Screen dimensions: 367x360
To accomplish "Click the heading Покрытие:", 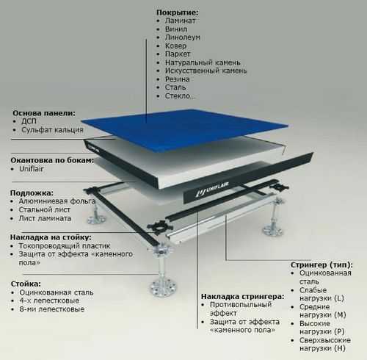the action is pyautogui.click(x=178, y=12).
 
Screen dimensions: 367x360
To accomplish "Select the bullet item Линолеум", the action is pyautogui.click(x=183, y=37).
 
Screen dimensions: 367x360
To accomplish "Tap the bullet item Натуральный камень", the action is pyautogui.click(x=203, y=62).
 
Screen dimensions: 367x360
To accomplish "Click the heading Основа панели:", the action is pyautogui.click(x=44, y=113).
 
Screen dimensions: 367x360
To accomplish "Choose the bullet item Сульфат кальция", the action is pyautogui.click(x=52, y=130).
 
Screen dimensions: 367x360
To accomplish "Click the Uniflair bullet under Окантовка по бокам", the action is pyautogui.click(x=32, y=169).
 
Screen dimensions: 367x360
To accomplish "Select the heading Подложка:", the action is pyautogui.click(x=32, y=193).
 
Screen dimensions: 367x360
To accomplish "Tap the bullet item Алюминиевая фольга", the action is pyautogui.click(x=57, y=201).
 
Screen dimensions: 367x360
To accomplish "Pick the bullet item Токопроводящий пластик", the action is pyautogui.click(x=65, y=245).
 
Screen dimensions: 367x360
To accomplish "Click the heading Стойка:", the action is pyautogui.click(x=26, y=284).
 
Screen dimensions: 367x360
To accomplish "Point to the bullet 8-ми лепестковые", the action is pyautogui.click(x=52, y=309).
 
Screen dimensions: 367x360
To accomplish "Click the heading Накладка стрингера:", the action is pyautogui.click(x=243, y=297).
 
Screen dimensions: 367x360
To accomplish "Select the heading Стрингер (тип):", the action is pyautogui.click(x=321, y=265).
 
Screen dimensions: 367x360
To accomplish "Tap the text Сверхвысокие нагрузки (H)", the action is pyautogui.click(x=325, y=344).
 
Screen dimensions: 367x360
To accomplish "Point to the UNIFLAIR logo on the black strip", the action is pyautogui.click(x=212, y=189).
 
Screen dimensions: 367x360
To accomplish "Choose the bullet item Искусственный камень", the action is pyautogui.click(x=206, y=71).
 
